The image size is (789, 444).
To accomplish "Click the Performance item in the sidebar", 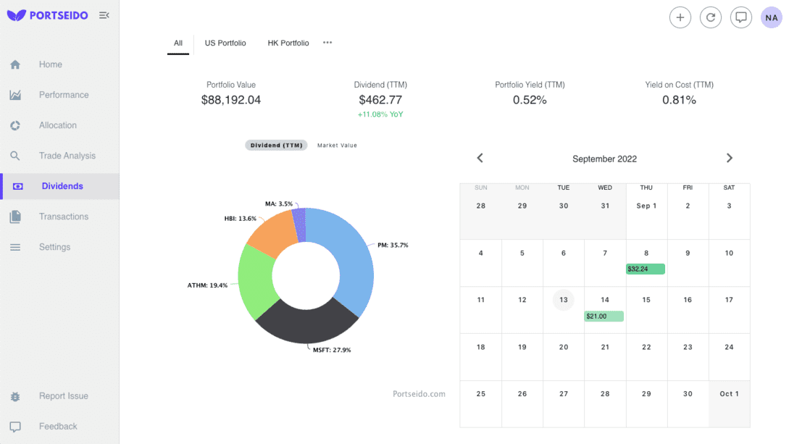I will (63, 95).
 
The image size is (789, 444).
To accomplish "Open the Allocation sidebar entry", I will (57, 125).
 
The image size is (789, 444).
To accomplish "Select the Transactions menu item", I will (63, 217).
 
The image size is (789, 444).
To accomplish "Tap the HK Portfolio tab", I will (288, 43).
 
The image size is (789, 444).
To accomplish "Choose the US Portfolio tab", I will (225, 43).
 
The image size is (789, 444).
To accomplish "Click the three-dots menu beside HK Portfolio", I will (327, 43).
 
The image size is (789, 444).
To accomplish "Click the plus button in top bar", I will (680, 17).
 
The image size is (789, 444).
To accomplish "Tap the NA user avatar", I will (771, 17).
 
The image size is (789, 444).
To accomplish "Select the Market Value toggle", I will (337, 146).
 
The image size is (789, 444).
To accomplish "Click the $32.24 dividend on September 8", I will (645, 269).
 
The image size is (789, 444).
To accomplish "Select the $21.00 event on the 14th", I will (604, 316).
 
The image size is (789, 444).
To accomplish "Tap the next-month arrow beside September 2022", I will (729, 158).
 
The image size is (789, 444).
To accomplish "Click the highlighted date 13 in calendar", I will (563, 300).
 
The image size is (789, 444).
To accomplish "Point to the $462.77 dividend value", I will (380, 100).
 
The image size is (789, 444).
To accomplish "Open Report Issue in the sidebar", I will (63, 396).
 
